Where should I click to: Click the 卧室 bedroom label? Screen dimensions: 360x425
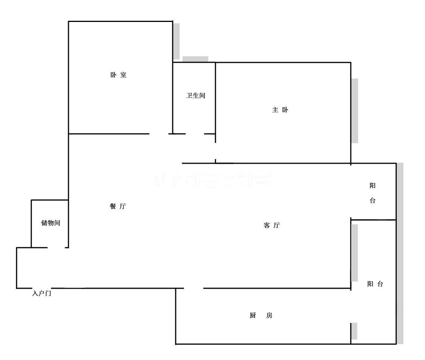[118, 75]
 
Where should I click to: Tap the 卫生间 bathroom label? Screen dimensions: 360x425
[195, 96]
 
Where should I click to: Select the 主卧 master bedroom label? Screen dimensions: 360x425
[280, 110]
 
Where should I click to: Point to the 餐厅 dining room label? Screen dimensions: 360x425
[117, 206]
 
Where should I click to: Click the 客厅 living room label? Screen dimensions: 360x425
[272, 225]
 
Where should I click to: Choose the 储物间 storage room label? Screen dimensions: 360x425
[51, 223]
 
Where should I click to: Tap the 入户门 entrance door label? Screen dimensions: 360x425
[41, 293]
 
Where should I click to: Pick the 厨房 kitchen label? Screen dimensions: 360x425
[261, 315]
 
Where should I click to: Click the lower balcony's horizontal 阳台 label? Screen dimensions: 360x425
[375, 284]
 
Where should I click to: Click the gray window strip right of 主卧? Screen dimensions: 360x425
[355, 110]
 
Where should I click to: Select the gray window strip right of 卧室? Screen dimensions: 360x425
[176, 41]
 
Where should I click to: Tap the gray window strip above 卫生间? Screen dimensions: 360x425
[195, 59]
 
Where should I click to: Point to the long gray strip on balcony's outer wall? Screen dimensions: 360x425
[400, 253]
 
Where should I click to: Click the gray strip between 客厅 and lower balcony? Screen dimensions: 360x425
[355, 253]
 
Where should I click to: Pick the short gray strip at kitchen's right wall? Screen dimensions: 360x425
[354, 331]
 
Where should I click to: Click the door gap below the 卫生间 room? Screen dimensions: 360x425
[195, 134]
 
